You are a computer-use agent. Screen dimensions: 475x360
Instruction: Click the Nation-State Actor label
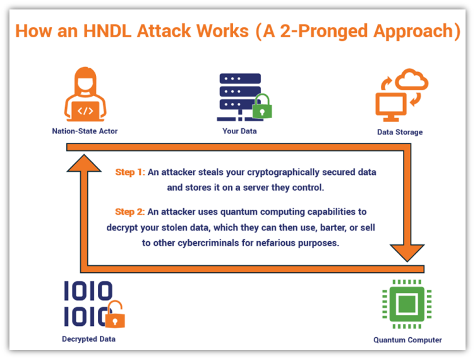tap(85, 131)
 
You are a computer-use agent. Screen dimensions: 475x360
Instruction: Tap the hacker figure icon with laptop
tap(85, 94)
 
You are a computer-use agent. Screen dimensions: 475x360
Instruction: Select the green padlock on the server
tap(262, 106)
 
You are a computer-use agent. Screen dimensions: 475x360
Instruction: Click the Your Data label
tap(239, 131)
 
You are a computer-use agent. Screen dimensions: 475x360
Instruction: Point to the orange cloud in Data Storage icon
tap(412, 80)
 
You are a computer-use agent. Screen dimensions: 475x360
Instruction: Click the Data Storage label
tap(400, 132)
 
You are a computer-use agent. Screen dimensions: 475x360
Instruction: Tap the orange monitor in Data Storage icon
tap(391, 107)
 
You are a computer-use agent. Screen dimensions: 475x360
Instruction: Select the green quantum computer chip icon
tap(407, 304)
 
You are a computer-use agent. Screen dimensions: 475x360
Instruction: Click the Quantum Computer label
tap(407, 340)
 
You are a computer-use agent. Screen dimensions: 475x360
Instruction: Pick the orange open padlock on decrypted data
tap(115, 315)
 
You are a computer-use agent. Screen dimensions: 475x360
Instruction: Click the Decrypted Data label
tap(89, 339)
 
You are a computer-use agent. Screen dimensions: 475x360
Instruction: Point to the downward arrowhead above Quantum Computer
tap(407, 253)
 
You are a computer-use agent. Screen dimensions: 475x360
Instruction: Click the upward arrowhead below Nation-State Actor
tap(84, 163)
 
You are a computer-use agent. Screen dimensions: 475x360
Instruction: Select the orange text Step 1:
tap(130, 172)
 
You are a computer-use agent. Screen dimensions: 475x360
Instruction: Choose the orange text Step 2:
tap(129, 212)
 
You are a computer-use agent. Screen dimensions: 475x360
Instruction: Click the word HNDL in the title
tap(107, 31)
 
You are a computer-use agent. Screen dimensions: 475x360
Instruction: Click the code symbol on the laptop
tap(85, 111)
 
